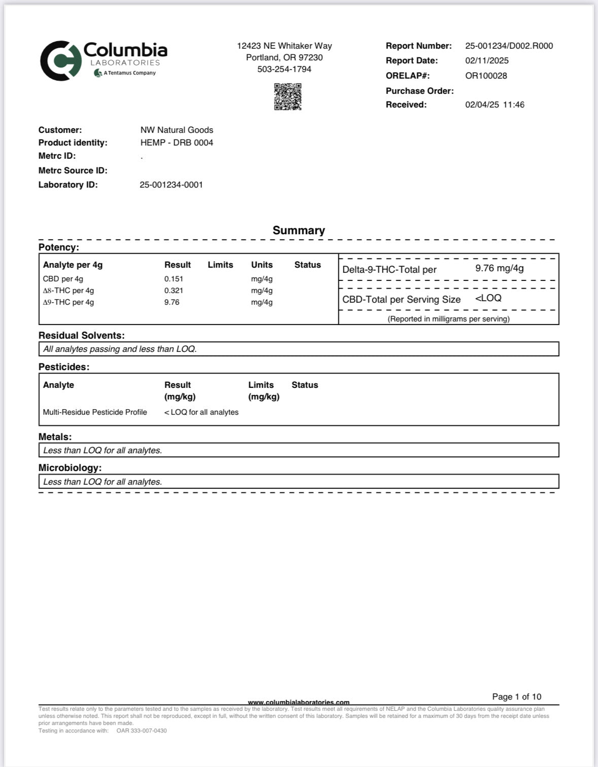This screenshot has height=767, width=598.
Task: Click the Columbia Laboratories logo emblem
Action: coord(61,61)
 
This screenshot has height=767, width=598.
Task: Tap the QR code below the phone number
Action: coord(288,96)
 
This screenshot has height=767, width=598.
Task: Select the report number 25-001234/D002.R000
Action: coord(509,46)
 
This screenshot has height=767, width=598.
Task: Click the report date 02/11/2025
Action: coord(486,60)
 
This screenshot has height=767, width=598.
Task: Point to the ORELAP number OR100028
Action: coord(486,76)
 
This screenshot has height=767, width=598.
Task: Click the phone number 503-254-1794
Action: coord(284,69)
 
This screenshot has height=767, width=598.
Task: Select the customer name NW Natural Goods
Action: coord(177,130)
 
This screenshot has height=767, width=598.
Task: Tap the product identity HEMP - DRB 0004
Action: coord(177,142)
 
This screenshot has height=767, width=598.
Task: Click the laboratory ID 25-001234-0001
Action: coord(171,185)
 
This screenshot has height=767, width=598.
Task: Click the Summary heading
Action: coord(299,230)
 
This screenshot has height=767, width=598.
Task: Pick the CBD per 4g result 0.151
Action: coord(173,279)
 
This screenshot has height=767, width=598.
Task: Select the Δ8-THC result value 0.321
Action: coord(173,290)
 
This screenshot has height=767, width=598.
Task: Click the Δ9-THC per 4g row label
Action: coord(68,302)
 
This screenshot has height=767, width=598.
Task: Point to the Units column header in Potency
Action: coord(262,265)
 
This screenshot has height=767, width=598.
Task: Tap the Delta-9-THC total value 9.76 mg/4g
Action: coord(499,268)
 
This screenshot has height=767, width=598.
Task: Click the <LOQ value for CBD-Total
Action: coord(488,298)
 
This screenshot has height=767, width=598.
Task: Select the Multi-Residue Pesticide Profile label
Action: coord(95,412)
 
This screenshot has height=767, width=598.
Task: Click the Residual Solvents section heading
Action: coord(82,336)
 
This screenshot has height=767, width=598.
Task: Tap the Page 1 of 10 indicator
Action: coord(516,697)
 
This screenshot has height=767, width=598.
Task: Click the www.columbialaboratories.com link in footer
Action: coord(298,702)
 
